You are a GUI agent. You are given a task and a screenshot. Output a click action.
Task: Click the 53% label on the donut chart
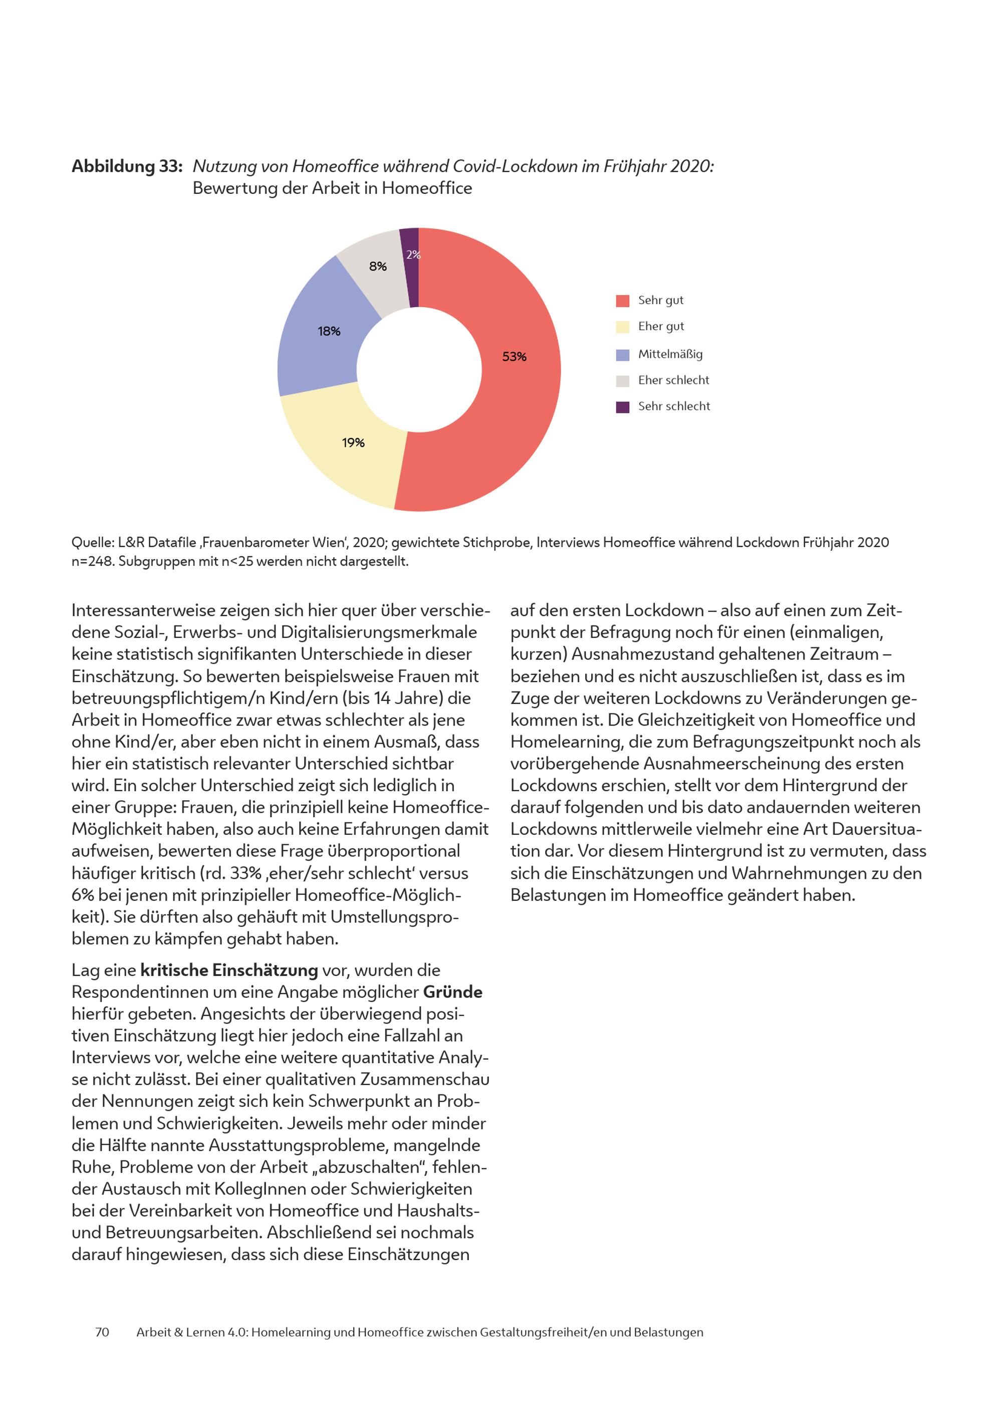(514, 357)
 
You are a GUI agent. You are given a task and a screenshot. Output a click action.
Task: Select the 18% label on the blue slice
(329, 331)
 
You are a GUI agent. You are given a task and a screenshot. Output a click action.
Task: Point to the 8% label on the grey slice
(378, 267)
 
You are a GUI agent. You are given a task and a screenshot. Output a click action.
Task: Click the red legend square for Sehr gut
(623, 301)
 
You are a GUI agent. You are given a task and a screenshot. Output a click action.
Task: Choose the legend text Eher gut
(661, 327)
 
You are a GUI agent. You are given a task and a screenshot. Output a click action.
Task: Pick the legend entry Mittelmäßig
(670, 354)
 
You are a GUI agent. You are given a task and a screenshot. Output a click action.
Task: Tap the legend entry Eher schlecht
(673, 380)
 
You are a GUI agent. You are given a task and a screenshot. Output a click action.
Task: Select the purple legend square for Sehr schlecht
(623, 407)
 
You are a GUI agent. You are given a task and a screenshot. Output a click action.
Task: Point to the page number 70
(102, 1332)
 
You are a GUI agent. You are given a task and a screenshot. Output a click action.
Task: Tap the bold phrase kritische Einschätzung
(229, 970)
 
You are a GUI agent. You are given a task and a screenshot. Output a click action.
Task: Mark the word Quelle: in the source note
(93, 543)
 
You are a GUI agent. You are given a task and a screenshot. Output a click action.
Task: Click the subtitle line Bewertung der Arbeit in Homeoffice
(332, 188)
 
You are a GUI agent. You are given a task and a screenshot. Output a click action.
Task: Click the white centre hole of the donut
(419, 370)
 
